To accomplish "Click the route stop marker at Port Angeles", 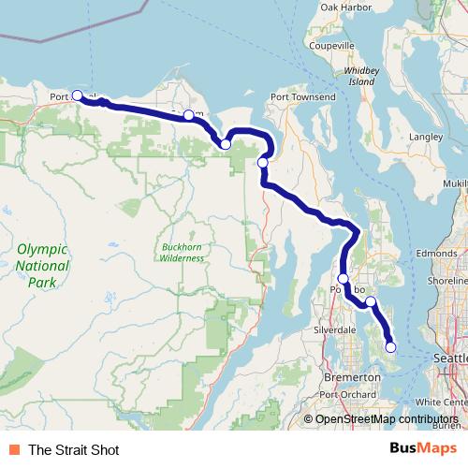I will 77,95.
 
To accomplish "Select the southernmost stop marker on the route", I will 390,347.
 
